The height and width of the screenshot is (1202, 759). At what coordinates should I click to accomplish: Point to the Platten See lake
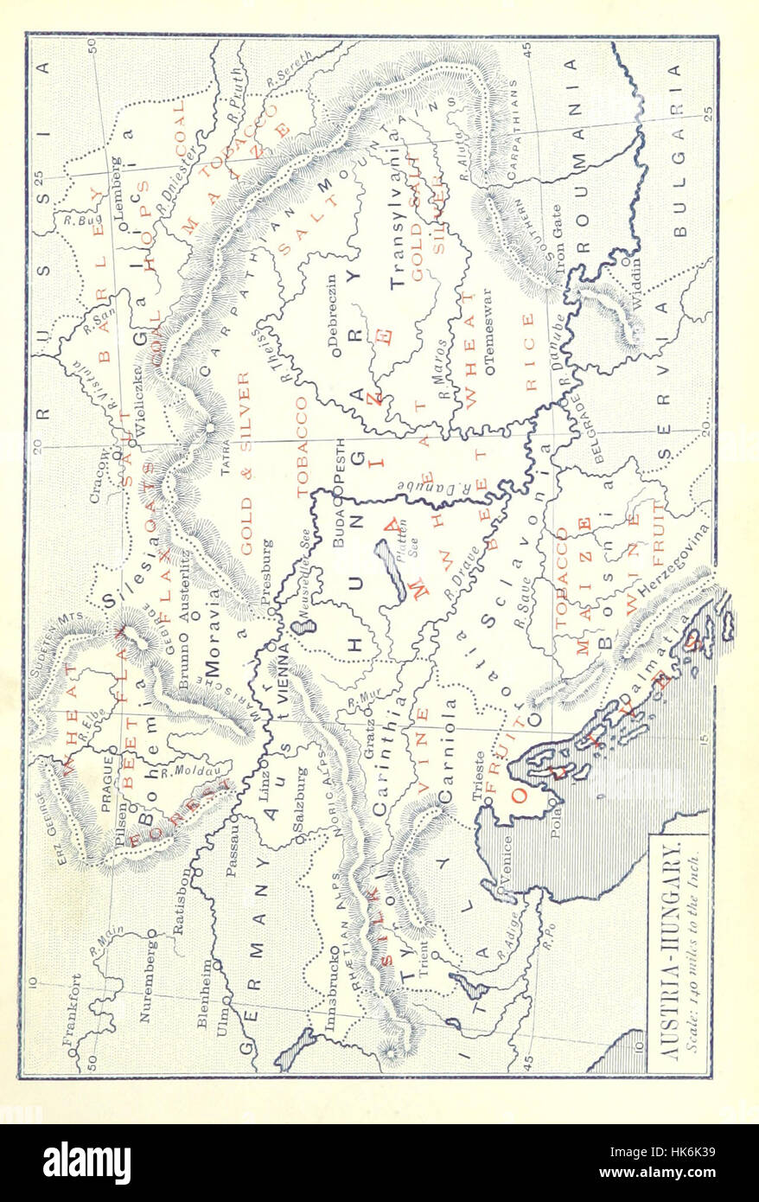[389, 572]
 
